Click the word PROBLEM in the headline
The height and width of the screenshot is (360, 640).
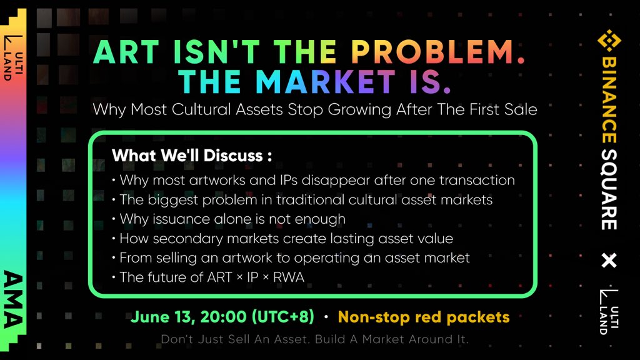[x=432, y=52]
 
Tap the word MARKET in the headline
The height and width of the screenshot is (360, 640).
[x=325, y=82]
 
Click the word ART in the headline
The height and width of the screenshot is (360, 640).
[x=126, y=52]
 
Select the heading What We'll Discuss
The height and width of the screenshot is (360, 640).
[x=192, y=156]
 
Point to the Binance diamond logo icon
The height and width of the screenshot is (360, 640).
[x=609, y=41]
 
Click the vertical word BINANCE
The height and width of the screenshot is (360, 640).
[x=609, y=100]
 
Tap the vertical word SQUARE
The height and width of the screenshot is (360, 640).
[x=609, y=189]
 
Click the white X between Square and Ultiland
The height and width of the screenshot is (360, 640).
[x=609, y=261]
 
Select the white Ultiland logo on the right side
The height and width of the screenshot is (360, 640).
[x=609, y=312]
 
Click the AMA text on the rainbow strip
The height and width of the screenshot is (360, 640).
[x=13, y=299]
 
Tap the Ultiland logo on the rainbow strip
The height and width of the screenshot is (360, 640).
[x=13, y=58]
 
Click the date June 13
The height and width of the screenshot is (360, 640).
[x=163, y=317]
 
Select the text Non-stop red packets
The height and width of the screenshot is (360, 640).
[x=424, y=317]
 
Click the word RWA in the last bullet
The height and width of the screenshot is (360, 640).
[x=289, y=277]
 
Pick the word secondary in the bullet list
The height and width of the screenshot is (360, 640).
[x=187, y=239]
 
